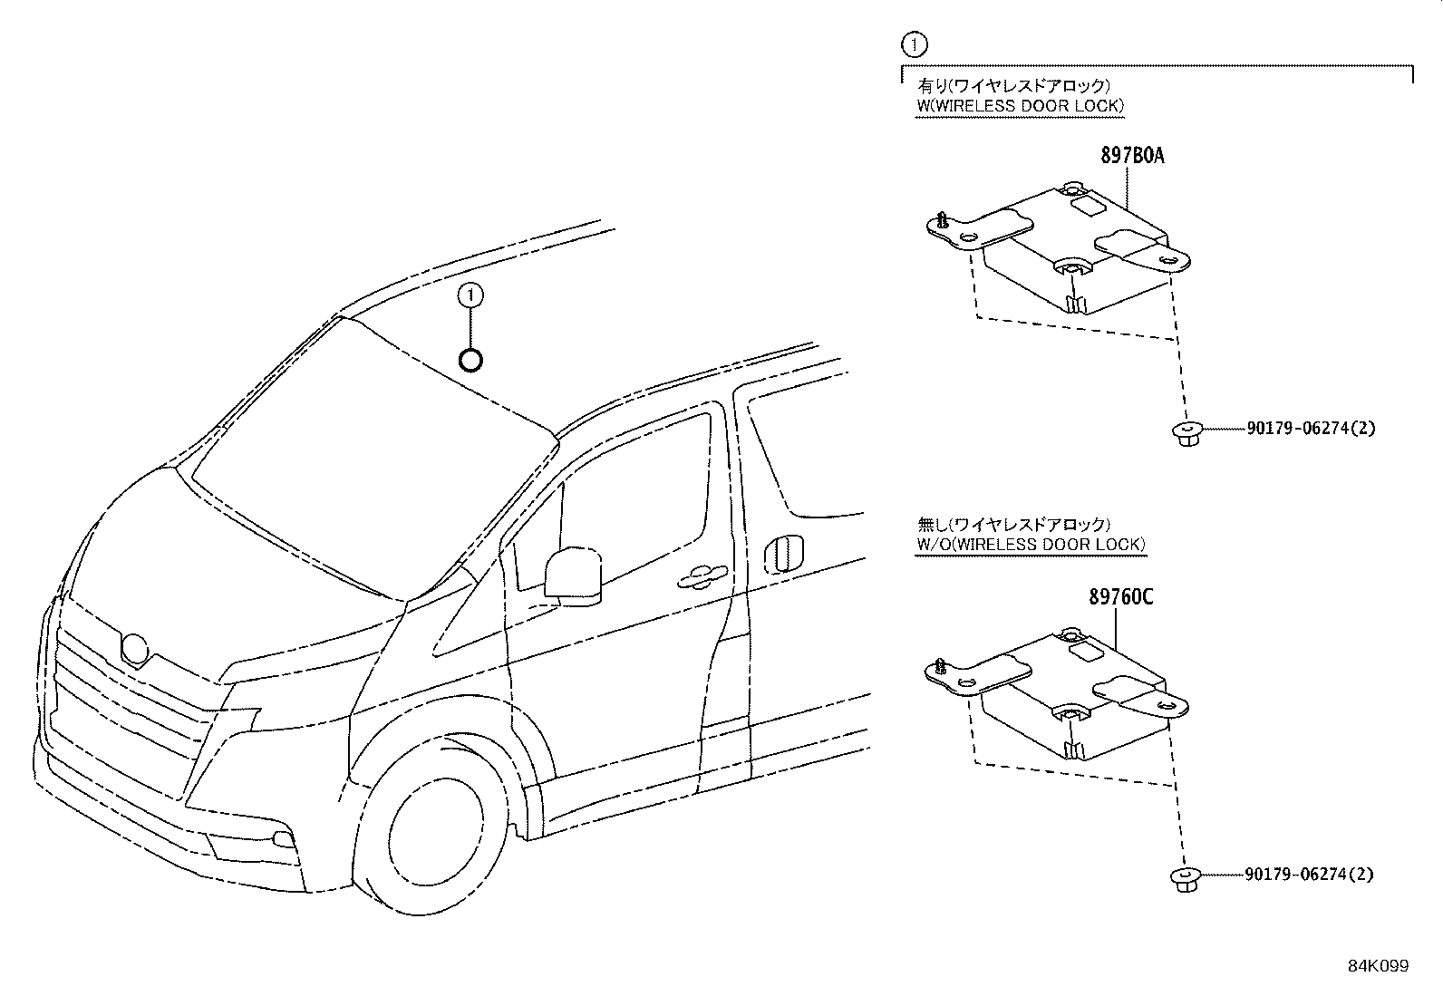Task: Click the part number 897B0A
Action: pos(1132,156)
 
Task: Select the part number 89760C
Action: pos(1121,597)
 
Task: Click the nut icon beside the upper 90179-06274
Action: pos(1183,433)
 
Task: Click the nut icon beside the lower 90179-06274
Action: pos(1183,879)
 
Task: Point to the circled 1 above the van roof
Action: pos(470,295)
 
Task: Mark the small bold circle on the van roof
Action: pos(470,361)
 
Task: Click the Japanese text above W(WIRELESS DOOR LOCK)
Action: pos(1014,86)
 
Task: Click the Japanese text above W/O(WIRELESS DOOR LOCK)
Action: pos(1013,524)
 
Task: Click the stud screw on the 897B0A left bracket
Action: pos(944,219)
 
